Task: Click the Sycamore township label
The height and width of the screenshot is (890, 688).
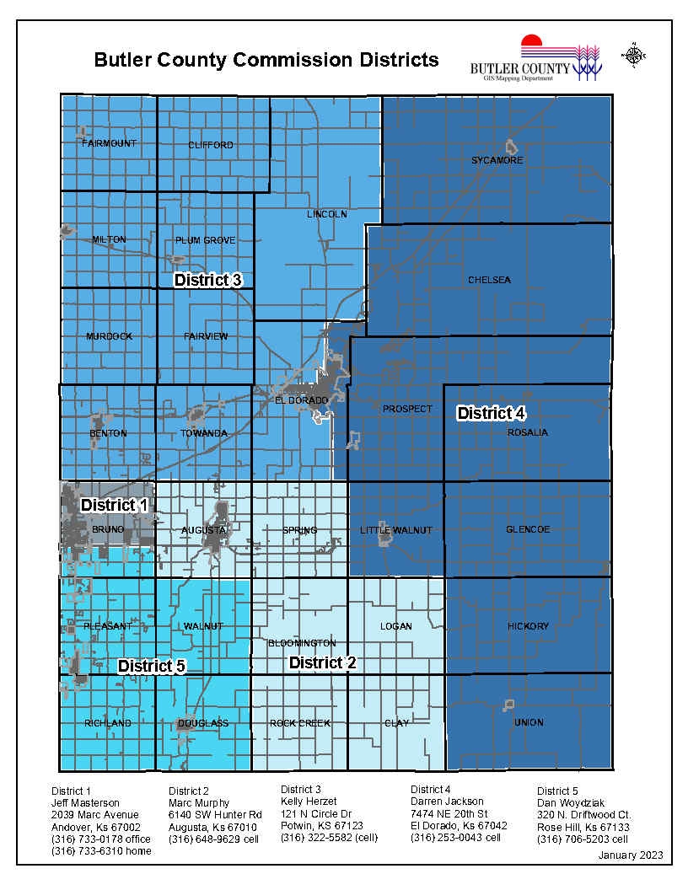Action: point(497,160)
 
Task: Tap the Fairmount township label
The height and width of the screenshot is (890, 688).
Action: point(109,144)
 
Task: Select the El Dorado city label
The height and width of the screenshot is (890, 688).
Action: point(301,399)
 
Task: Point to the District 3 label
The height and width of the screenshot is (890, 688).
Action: point(208,280)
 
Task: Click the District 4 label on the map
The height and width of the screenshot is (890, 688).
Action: point(492,413)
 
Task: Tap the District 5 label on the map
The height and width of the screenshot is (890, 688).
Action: point(151,666)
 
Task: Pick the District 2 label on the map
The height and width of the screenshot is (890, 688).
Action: point(322,662)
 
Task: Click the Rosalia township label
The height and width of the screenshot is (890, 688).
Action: point(528,433)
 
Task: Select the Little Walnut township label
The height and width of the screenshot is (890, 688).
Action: point(395,530)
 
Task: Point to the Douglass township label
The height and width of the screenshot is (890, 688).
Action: point(203,723)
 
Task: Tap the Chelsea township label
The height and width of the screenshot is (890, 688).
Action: point(489,280)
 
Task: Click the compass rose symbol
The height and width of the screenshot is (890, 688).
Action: point(633,56)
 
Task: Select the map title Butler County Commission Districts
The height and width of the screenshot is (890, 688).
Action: point(266,60)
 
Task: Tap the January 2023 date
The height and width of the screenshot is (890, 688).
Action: point(631,855)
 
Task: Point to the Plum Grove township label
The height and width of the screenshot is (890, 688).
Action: point(206,240)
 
